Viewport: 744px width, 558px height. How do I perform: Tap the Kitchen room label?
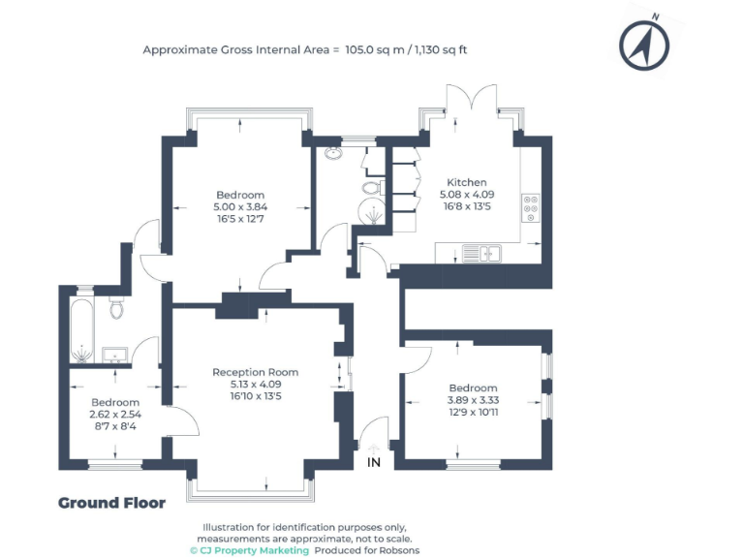click(466, 182)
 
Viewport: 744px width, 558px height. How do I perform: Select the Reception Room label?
click(255, 372)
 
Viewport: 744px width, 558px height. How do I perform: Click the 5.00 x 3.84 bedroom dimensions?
click(240, 206)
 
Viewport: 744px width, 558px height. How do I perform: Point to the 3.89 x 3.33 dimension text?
click(472, 400)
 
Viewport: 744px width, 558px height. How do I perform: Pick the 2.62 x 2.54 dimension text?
click(115, 414)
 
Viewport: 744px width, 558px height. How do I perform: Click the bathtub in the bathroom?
click(78, 329)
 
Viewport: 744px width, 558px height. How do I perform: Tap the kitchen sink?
click(480, 254)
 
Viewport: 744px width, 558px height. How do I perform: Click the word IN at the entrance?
click(374, 463)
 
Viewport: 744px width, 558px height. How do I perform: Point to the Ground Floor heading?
click(111, 503)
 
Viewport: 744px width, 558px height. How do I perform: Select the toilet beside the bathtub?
click(116, 308)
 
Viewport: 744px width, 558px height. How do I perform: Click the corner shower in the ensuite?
click(369, 215)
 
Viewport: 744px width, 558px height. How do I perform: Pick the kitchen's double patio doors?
click(471, 108)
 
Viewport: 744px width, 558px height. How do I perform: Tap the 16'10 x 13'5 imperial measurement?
click(255, 395)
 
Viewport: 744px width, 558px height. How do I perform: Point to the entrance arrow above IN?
click(374, 448)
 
